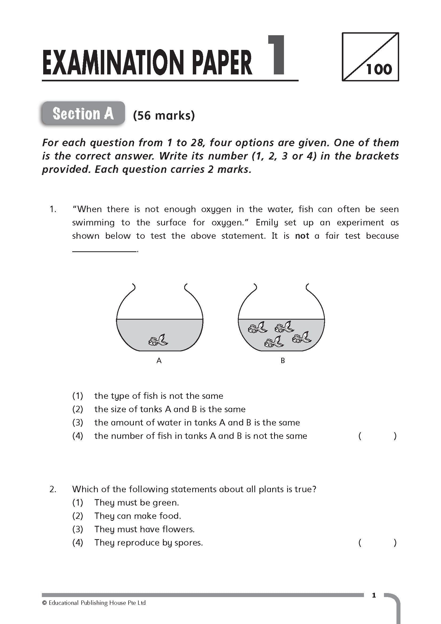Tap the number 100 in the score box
(x=379, y=69)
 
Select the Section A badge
(x=83, y=113)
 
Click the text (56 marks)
(x=164, y=116)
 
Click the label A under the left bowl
(x=159, y=361)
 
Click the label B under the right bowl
(x=283, y=361)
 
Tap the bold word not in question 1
(x=302, y=236)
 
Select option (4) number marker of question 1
(x=78, y=436)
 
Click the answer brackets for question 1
(x=377, y=436)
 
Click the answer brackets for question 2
(x=377, y=543)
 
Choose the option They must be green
(x=137, y=503)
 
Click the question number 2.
(x=53, y=490)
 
